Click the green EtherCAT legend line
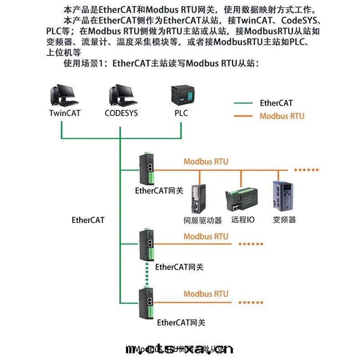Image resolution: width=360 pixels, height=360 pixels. coord(243,103)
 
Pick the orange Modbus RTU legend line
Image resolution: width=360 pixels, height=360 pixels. coord(243,116)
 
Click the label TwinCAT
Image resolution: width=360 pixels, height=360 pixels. coord(65,113)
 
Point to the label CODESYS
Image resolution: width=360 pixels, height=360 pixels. coord(121,113)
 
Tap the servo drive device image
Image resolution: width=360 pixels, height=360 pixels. coord(198,198)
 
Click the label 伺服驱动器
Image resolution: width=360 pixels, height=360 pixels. coord(203,220)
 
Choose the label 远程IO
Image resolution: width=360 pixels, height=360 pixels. coord(243,220)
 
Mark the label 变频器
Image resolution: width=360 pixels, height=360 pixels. coord(284,220)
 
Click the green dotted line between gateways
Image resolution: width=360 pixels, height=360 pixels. coord(147,272)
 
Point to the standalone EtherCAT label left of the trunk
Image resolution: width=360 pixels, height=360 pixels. coord(88,220)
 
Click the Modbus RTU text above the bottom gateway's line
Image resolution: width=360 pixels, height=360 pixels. coord(206,294)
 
